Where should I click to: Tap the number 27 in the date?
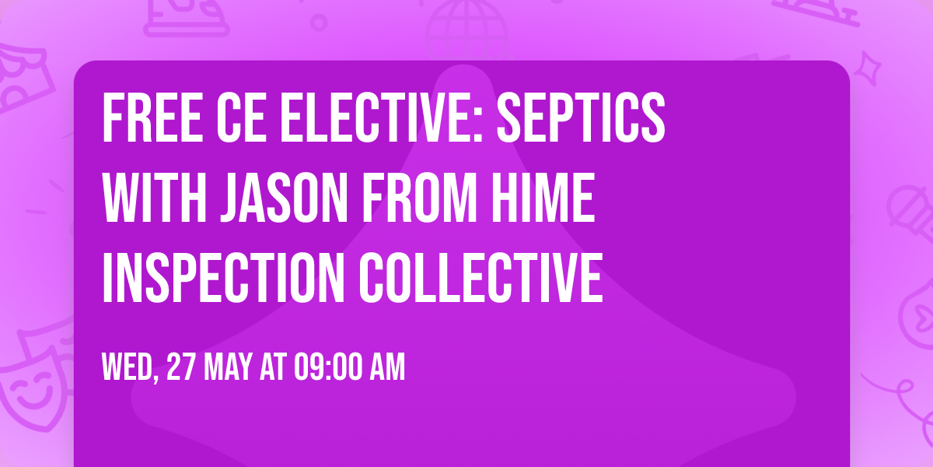click(180, 367)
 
